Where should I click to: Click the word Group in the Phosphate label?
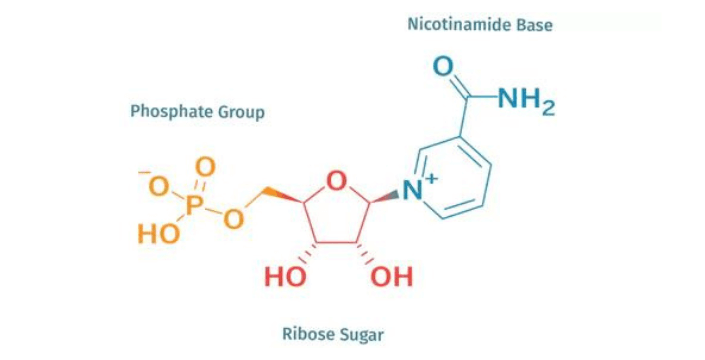243,112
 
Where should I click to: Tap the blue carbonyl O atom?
443,68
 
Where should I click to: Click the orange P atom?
195,204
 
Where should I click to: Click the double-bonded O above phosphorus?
206,167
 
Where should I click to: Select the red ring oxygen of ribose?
337,181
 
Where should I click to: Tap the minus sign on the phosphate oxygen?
145,174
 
